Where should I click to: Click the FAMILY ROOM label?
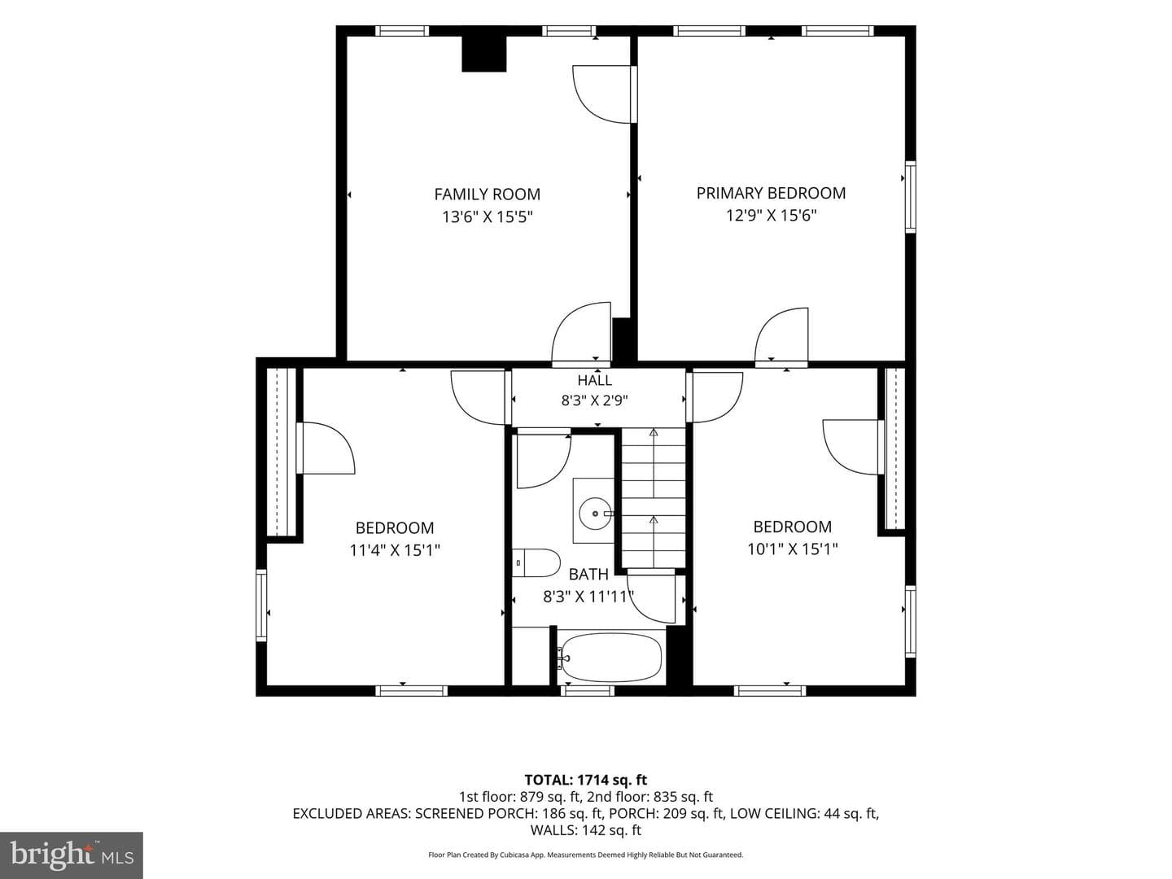pos(487,195)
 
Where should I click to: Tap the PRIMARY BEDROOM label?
pos(771,193)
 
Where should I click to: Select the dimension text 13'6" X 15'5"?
pos(488,217)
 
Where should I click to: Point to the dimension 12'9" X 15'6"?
pos(771,216)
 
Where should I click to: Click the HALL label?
pos(594,381)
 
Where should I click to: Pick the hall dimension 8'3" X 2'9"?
pos(594,400)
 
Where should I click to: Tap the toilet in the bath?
pos(536,563)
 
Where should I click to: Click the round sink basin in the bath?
pos(595,514)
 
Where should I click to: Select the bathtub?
pos(610,658)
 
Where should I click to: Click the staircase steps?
pos(654,498)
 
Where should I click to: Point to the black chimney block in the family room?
pos(483,54)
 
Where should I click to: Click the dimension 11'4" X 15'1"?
pos(395,550)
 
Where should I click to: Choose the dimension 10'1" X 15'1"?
pos(793,549)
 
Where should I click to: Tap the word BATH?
pos(588,575)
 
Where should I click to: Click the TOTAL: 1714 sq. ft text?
pos(586,781)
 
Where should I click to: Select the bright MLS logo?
pos(72,855)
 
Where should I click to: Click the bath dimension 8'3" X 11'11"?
pos(588,597)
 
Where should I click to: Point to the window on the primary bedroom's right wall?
pos(911,197)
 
